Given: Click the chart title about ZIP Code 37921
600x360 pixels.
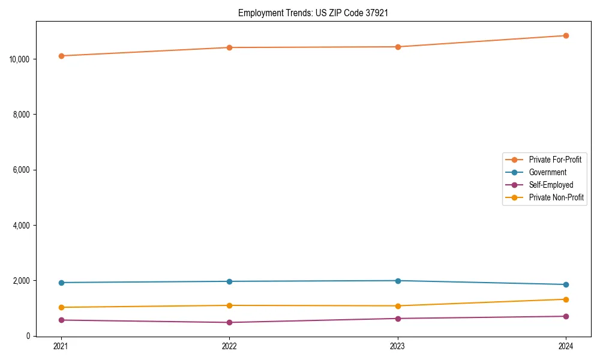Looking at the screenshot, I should click(x=313, y=13).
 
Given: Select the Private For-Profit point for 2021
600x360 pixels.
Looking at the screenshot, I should click(x=61, y=56).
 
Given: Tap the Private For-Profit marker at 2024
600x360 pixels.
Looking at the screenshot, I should click(x=566, y=35).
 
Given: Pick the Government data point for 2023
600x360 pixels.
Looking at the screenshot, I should click(x=398, y=281).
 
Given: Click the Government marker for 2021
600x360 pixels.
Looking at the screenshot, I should click(x=61, y=283).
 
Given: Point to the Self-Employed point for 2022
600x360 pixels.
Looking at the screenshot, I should click(x=229, y=322).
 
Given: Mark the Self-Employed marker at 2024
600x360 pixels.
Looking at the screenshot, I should click(x=566, y=316).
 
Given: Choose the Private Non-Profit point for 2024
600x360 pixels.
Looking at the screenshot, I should click(x=566, y=299).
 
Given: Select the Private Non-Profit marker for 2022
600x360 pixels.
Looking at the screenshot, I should click(x=229, y=305).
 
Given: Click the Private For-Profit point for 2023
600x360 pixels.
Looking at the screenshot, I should click(x=398, y=47).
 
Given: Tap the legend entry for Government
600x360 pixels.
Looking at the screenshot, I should click(x=547, y=172).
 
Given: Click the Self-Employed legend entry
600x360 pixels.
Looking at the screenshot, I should click(x=551, y=185).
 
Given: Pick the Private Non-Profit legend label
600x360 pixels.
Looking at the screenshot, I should click(x=556, y=197).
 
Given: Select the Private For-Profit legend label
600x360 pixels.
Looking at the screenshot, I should click(x=555, y=160).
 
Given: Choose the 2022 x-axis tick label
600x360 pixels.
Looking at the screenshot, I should click(x=229, y=346).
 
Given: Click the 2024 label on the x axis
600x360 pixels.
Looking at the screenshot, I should click(x=566, y=346).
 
